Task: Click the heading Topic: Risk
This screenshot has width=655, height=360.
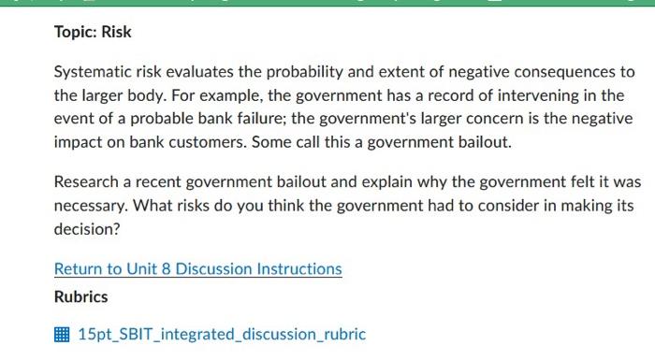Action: pyautogui.click(x=93, y=32)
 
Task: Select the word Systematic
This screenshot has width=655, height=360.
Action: pyautogui.click(x=92, y=72)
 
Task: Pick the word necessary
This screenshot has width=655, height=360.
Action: pyautogui.click(x=92, y=206)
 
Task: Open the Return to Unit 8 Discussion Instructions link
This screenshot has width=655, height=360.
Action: pyautogui.click(x=197, y=269)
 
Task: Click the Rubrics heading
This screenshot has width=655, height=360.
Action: pyautogui.click(x=80, y=297)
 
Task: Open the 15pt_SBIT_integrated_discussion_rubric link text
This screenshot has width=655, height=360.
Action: pyautogui.click(x=223, y=334)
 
